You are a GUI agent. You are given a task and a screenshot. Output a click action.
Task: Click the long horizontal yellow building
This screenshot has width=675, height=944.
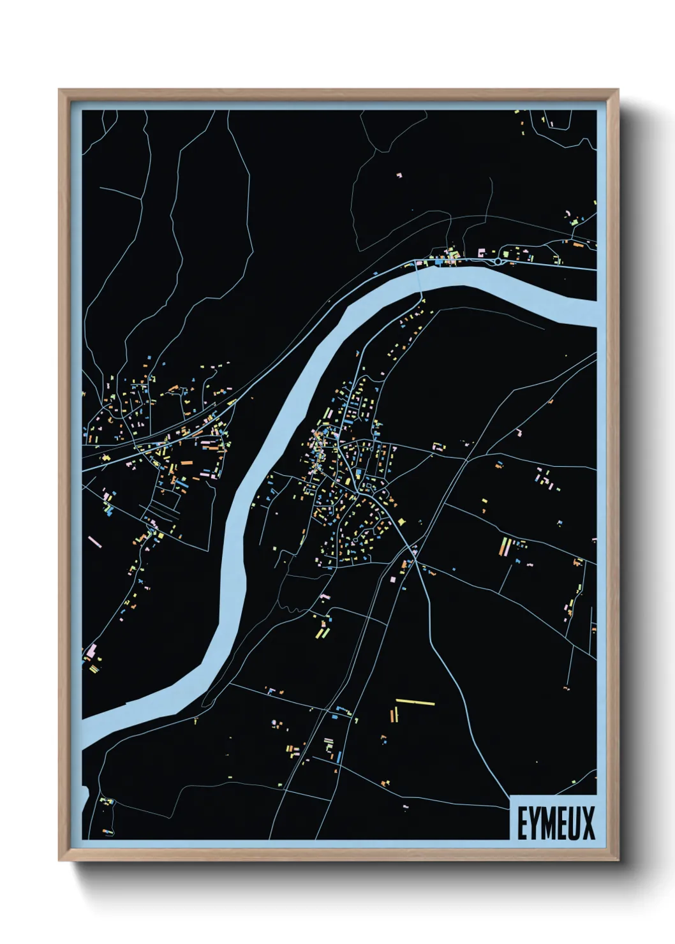click(x=415, y=702)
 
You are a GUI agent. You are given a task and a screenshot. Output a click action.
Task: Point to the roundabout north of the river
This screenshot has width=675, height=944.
click(x=498, y=261)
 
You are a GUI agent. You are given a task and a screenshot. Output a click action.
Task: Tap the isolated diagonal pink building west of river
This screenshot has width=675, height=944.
click(x=94, y=542)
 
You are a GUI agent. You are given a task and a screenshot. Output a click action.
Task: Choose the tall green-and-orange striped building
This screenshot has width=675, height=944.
click(x=504, y=547)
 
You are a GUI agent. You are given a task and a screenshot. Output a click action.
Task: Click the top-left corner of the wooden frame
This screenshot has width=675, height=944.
click(x=59, y=90)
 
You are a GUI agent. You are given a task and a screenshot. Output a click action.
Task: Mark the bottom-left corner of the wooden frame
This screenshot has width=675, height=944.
click(x=59, y=860)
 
